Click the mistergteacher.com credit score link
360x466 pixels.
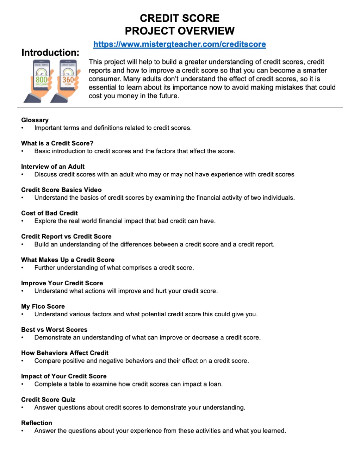click(x=179, y=44)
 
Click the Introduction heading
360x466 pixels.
click(x=50, y=52)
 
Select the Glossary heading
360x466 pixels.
click(x=35, y=120)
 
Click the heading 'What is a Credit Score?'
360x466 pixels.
click(x=57, y=143)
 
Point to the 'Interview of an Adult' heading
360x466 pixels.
click(x=53, y=167)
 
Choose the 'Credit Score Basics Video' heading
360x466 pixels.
click(x=61, y=190)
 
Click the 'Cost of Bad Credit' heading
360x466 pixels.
click(x=49, y=213)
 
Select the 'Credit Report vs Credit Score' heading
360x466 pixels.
click(x=66, y=236)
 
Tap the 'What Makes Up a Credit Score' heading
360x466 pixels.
click(x=68, y=260)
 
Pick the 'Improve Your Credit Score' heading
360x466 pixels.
click(x=62, y=283)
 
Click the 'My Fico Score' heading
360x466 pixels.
click(x=43, y=306)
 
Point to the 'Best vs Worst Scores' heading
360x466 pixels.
click(x=54, y=329)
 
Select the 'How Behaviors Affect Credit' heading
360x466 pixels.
click(x=65, y=353)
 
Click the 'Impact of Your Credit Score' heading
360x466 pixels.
click(x=64, y=376)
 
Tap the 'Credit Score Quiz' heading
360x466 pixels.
click(x=48, y=399)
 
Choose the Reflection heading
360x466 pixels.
click(x=37, y=423)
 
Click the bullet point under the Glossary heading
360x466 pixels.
click(x=23, y=128)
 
